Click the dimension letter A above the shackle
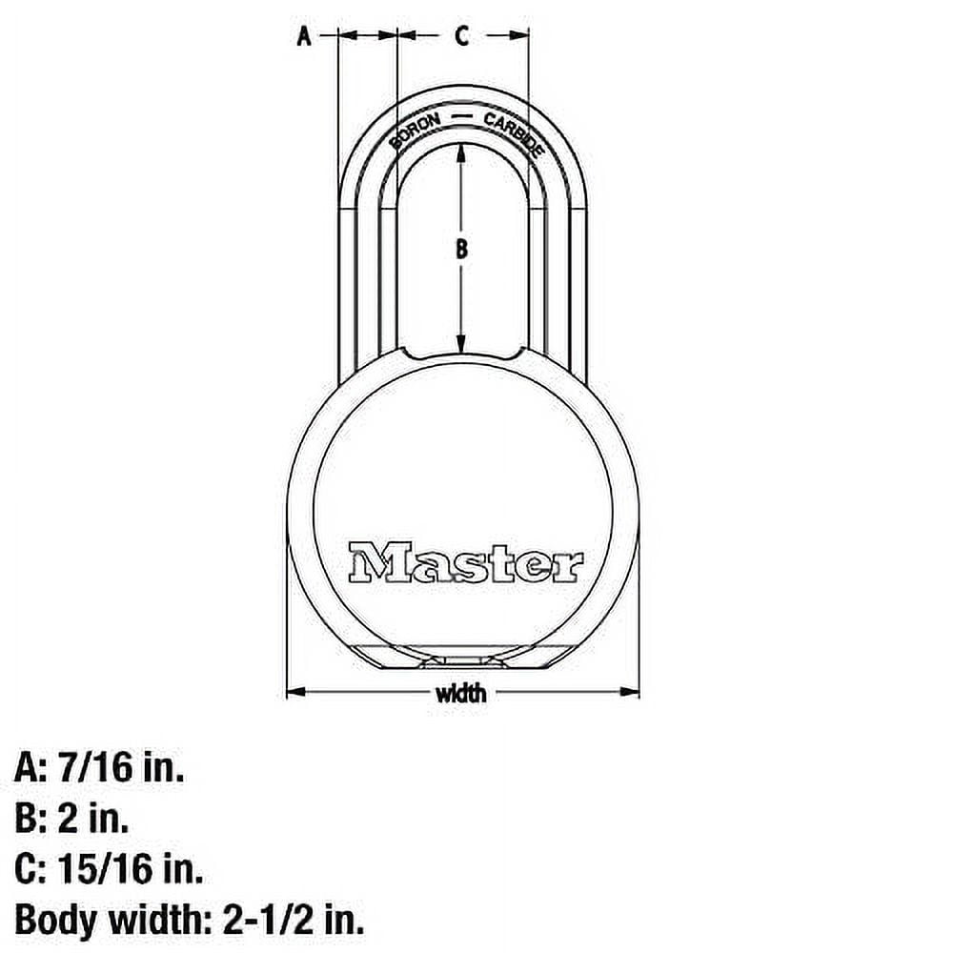(x=304, y=37)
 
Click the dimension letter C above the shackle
(x=461, y=37)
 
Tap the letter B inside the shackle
(x=461, y=250)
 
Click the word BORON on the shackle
(x=415, y=132)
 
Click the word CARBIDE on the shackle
(x=514, y=134)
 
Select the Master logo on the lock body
(x=465, y=562)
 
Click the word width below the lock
(x=461, y=693)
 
